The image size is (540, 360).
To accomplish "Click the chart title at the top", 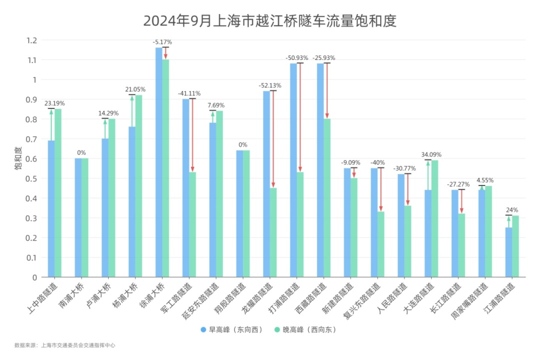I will click(269, 21).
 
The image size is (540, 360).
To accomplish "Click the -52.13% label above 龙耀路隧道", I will click(270, 85).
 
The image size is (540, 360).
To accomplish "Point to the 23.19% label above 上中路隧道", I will click(54, 103).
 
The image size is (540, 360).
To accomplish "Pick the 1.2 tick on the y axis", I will click(32, 40).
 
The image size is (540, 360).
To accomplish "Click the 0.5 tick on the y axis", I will click(32, 178).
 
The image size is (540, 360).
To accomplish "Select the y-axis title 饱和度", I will click(18, 158).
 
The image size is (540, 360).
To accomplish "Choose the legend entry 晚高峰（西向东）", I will click(305, 329).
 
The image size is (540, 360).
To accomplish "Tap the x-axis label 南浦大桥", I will click(73, 295).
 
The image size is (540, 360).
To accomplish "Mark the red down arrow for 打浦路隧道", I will click(300, 117).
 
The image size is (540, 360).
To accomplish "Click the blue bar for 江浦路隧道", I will click(508, 252).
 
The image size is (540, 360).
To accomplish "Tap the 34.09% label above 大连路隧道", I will click(431, 154).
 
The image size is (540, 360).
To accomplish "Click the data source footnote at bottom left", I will click(65, 345).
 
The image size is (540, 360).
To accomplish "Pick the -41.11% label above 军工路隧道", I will click(189, 93).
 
